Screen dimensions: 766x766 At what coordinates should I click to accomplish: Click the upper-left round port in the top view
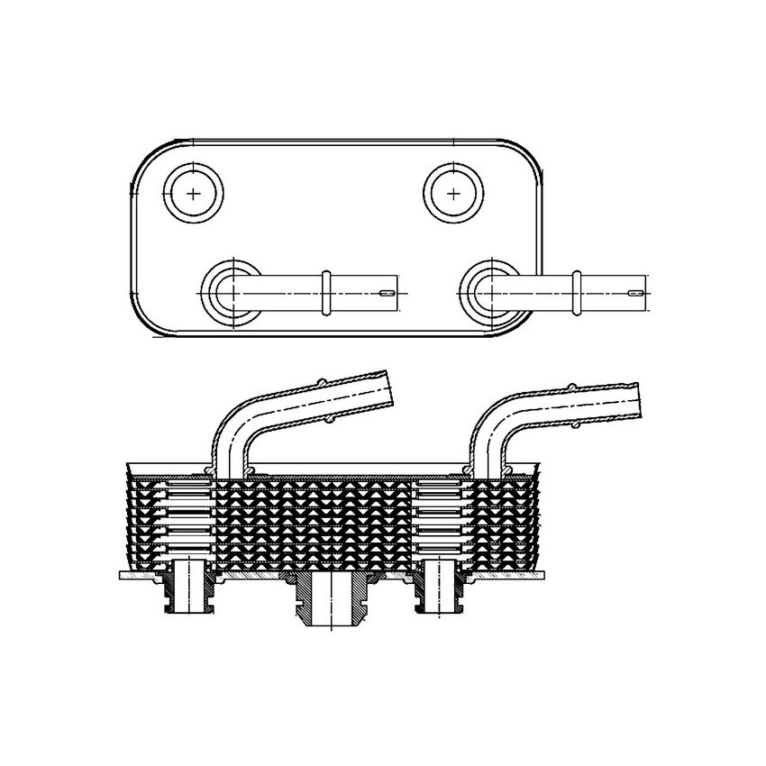(194, 193)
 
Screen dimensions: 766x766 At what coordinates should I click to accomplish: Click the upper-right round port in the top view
(453, 193)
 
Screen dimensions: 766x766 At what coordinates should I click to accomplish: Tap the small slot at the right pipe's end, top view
(638, 293)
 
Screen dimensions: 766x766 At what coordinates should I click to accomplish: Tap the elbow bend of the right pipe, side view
(494, 424)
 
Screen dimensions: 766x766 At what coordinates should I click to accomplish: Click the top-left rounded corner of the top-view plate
(148, 157)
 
